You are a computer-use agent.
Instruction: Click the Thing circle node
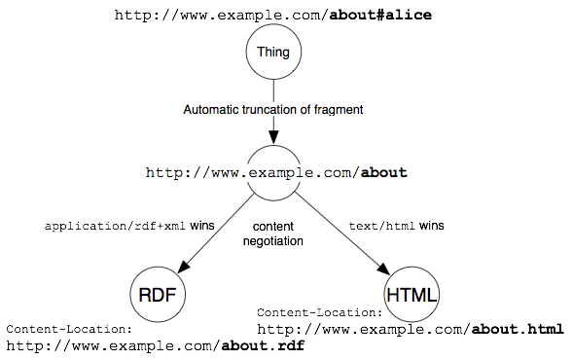pyautogui.click(x=273, y=53)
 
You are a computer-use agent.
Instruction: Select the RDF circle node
pyautogui.click(x=158, y=294)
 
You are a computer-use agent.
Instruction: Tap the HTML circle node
pyautogui.click(x=412, y=294)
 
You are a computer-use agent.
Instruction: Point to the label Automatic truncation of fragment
pyautogui.click(x=273, y=110)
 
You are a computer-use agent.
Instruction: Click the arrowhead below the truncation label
pyautogui.click(x=273, y=135)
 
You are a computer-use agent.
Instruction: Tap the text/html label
pyautogui.click(x=383, y=226)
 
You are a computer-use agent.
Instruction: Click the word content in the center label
pyautogui.click(x=272, y=227)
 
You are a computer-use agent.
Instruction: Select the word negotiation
pyautogui.click(x=272, y=241)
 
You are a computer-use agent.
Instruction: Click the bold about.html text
pyautogui.click(x=517, y=329)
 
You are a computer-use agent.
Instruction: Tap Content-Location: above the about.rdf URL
pyautogui.click(x=68, y=330)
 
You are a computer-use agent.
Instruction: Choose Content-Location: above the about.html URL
pyautogui.click(x=319, y=313)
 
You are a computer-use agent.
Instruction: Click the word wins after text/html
pyautogui.click(x=433, y=226)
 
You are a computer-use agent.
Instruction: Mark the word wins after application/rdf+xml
pyautogui.click(x=202, y=226)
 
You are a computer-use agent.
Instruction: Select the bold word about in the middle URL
pyautogui.click(x=383, y=172)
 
